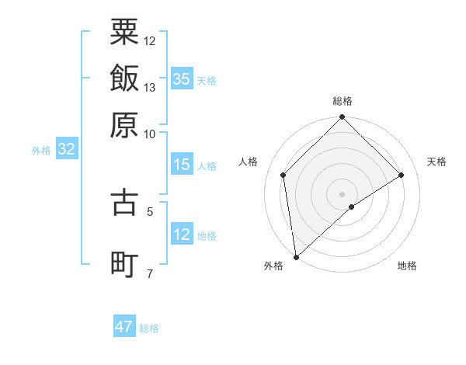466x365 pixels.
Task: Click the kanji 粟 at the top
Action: [125, 33]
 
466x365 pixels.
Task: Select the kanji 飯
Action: [125, 78]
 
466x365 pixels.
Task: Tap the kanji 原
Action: [125, 124]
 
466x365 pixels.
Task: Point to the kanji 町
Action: [125, 263]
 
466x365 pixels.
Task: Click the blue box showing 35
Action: [182, 78]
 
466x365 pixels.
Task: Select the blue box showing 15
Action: [182, 165]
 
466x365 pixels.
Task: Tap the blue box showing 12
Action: [182, 235]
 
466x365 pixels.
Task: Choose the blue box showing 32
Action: [67, 150]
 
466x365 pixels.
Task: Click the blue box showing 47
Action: [124, 327]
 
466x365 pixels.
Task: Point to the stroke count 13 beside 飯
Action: [150, 87]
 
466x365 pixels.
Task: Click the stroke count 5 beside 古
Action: [150, 210]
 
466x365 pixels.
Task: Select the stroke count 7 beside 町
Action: [150, 273]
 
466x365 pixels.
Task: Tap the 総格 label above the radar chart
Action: [343, 101]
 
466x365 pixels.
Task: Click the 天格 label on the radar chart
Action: [437, 162]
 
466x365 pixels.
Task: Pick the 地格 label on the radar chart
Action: [407, 266]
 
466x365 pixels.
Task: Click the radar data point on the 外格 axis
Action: [296, 257]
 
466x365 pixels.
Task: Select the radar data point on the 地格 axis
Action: [352, 207]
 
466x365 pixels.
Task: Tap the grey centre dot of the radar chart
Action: [343, 193]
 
